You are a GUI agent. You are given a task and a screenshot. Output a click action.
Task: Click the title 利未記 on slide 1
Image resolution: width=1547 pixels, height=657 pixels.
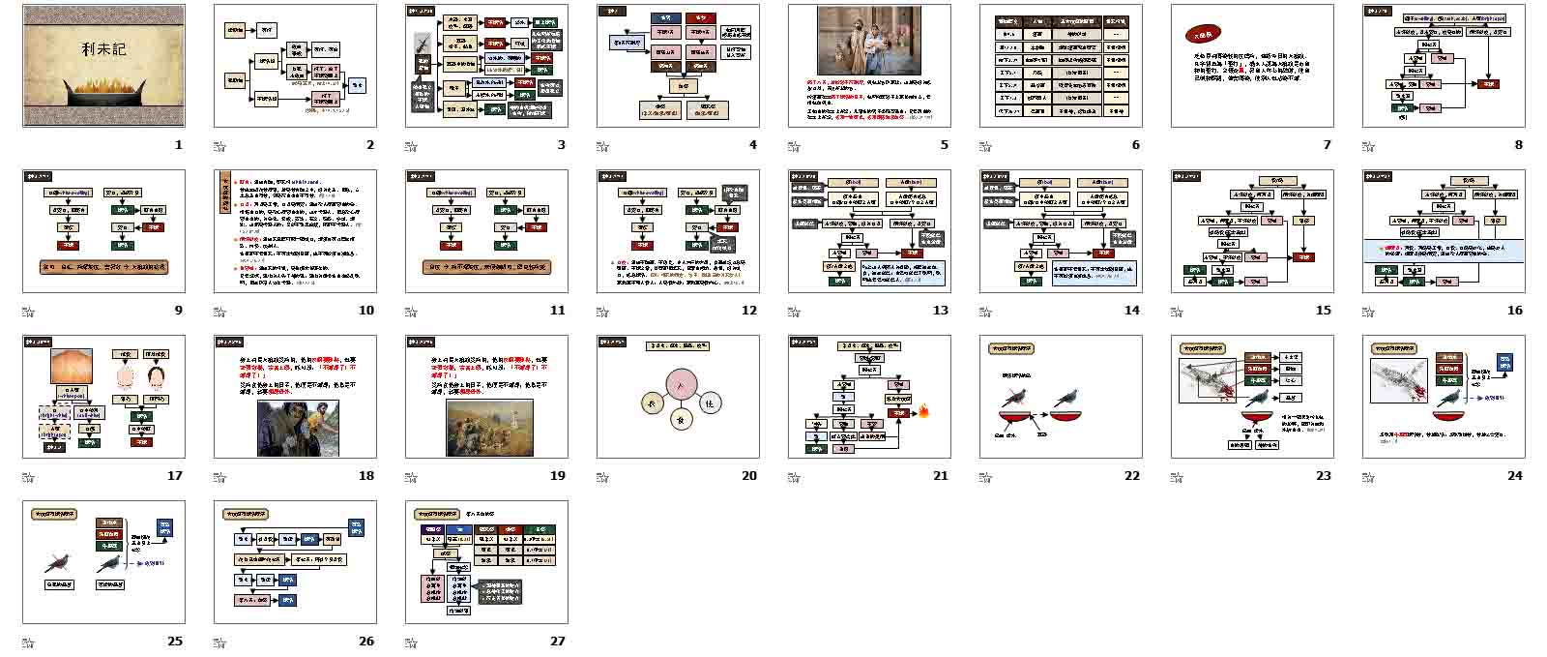coord(103,48)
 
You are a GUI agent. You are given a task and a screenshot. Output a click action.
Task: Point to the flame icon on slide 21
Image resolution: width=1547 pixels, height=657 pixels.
coord(923,411)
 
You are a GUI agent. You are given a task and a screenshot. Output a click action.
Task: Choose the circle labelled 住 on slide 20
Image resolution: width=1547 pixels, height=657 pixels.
coord(710,403)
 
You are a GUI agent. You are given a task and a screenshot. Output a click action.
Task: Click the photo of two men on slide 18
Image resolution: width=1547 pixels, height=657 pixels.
coord(298,428)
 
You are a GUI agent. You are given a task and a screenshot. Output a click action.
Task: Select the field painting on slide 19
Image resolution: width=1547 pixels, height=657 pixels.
coord(488,428)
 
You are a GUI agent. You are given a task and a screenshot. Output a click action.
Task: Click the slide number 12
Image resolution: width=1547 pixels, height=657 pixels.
coord(749,311)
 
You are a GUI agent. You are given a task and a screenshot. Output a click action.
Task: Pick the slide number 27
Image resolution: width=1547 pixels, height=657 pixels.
coord(558,641)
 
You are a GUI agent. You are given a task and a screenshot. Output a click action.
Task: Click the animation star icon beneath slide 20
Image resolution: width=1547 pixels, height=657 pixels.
coord(603,477)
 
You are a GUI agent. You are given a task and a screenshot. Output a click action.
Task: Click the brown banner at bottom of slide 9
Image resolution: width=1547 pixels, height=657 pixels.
coord(103,266)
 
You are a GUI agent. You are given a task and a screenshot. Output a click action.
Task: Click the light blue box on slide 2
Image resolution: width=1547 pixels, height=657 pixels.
coord(357,85)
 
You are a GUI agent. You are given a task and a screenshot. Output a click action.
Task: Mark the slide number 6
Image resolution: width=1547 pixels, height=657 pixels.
coord(1135,145)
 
